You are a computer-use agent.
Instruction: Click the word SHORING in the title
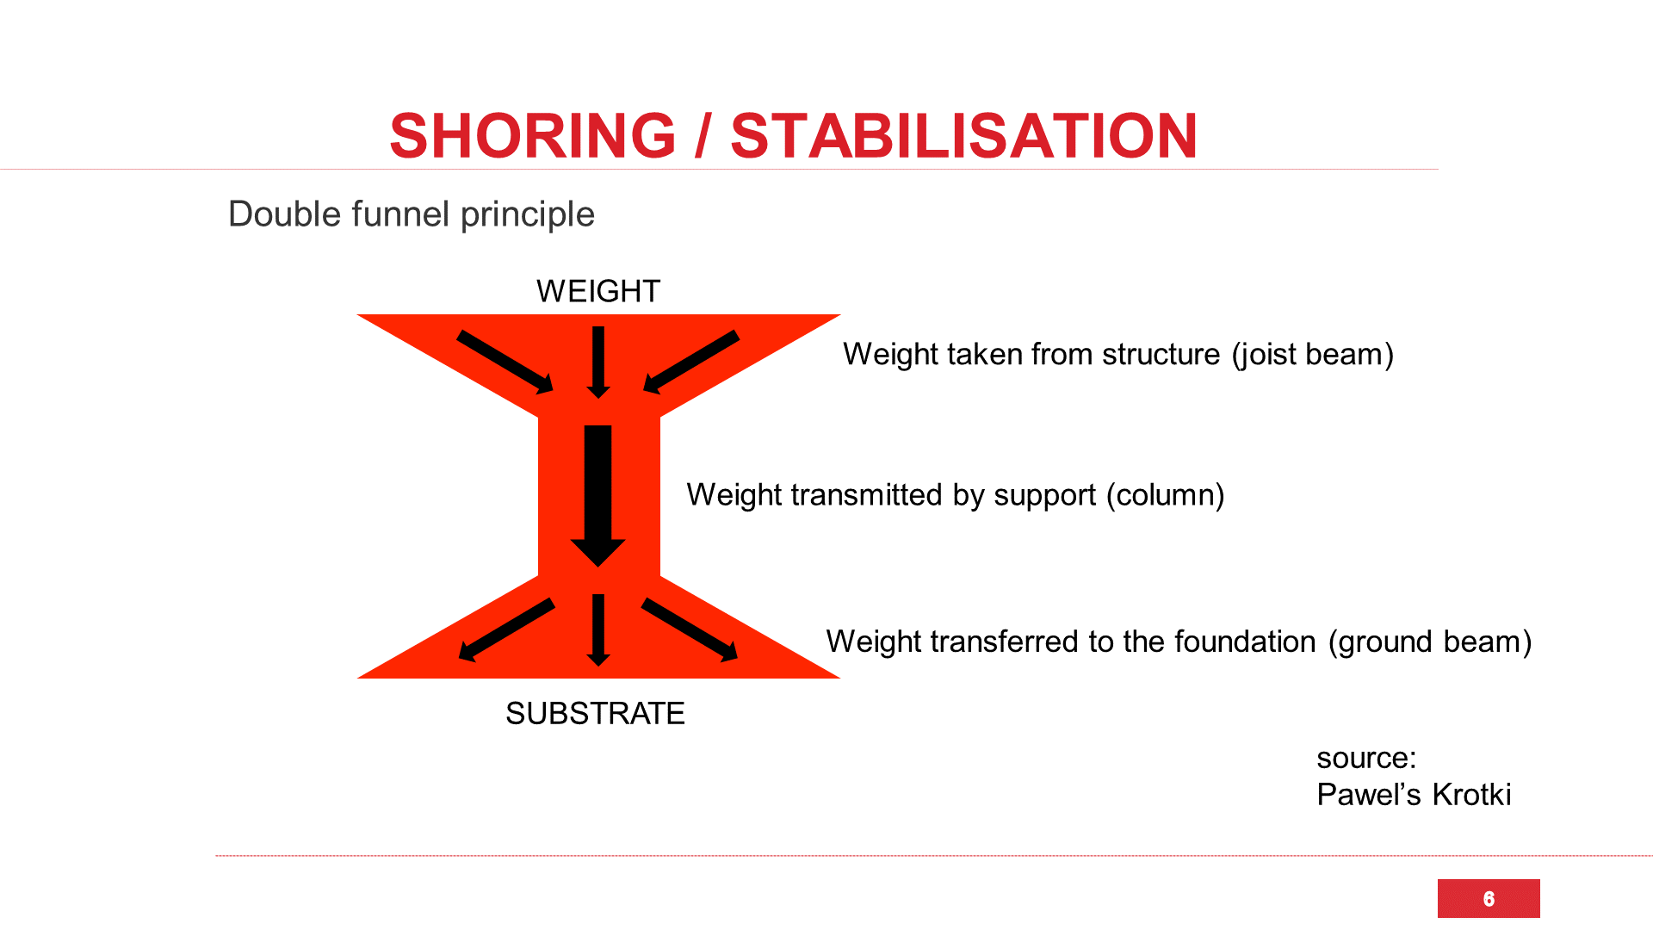(533, 136)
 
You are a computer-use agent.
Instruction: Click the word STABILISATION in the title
(963, 136)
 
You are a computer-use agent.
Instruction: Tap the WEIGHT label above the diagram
(598, 291)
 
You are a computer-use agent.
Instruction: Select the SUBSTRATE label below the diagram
(595, 713)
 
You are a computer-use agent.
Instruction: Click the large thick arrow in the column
(598, 495)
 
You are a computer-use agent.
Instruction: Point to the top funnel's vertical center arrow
(598, 362)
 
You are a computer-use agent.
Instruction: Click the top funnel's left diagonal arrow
(505, 362)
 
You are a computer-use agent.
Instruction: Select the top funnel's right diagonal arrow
(691, 362)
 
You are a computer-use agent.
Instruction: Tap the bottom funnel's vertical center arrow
(598, 629)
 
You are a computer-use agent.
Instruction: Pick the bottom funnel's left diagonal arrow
(507, 629)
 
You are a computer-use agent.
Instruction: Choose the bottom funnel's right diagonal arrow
(690, 629)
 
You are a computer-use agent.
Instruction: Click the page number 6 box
(1489, 898)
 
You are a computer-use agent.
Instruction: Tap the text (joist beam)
(1313, 354)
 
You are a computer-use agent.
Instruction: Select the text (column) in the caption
(1165, 495)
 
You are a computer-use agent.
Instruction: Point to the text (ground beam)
(1430, 642)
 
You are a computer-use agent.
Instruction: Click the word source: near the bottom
(1366, 758)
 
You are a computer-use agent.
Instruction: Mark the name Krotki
(1471, 794)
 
